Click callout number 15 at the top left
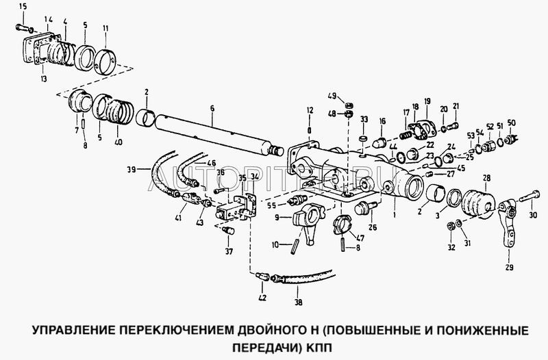click(23, 7)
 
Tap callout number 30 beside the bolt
click(534, 214)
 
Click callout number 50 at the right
click(512, 123)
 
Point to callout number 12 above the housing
click(310, 110)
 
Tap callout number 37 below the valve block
click(228, 250)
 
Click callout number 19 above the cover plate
click(426, 102)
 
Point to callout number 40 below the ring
click(120, 142)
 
